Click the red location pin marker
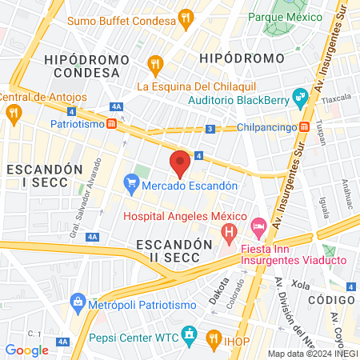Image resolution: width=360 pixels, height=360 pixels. tap(180, 162)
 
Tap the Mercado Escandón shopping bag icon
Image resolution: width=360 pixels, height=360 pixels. tap(130, 185)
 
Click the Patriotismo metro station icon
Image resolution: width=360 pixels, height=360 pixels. tap(113, 125)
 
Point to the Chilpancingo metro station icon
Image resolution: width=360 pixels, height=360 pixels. tap(305, 127)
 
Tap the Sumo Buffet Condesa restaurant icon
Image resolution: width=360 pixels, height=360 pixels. tap(186, 17)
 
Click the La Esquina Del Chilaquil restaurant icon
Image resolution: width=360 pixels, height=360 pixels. tap(156, 62)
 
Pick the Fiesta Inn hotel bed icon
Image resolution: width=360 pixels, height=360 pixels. tap(258, 228)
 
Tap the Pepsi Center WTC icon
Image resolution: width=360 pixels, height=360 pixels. tap(189, 333)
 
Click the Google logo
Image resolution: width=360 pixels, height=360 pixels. tap(26, 350)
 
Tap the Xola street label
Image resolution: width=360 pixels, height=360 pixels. tap(300, 284)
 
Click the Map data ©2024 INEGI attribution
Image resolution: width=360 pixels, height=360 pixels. tap(311, 354)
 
